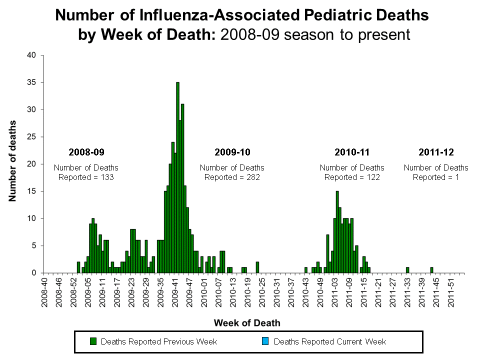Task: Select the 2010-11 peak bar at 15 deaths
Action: (x=337, y=232)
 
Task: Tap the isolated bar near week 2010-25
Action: (x=257, y=267)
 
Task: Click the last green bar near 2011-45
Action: (x=431, y=270)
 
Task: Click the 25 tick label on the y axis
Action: (x=31, y=137)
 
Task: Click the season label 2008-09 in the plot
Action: (x=86, y=151)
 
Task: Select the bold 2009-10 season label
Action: (x=232, y=151)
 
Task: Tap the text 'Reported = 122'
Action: (x=352, y=177)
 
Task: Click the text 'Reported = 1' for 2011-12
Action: (x=436, y=177)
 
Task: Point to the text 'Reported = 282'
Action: (x=232, y=177)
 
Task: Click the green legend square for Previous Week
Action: (x=93, y=341)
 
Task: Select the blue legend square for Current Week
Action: (x=265, y=341)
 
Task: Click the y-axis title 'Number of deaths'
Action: (x=12, y=161)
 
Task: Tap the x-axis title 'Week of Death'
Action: (x=247, y=323)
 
